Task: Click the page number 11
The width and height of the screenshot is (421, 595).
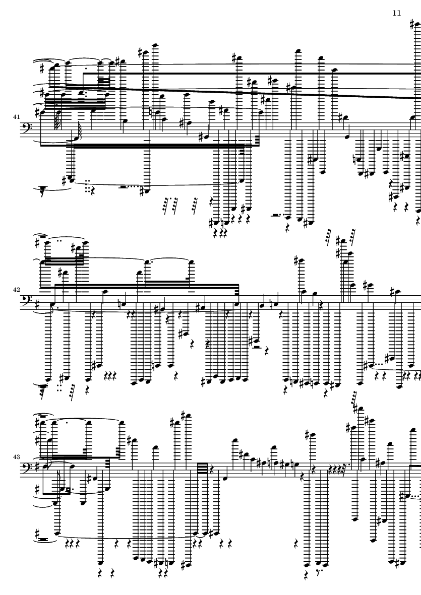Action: point(396,13)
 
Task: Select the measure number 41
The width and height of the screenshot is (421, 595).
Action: point(16,117)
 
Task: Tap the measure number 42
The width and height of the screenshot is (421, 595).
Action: point(16,290)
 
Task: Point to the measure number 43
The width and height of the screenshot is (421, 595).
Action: point(16,457)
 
